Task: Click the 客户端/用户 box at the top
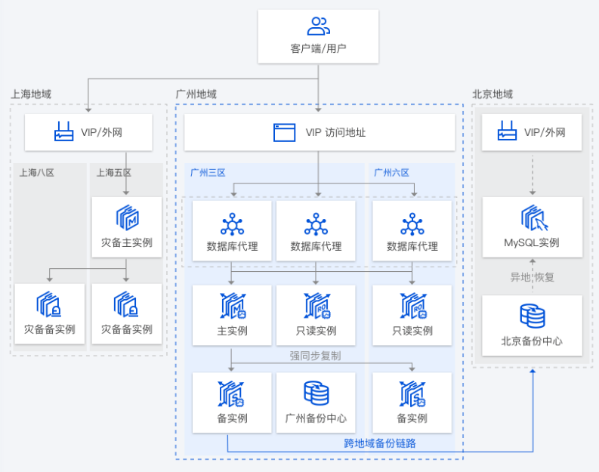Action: (318, 36)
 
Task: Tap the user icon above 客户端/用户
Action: (318, 26)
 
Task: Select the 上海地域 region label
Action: (31, 94)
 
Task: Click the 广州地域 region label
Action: (196, 94)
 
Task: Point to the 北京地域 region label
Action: (492, 94)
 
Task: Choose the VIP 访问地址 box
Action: (320, 132)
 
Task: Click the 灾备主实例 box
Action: (126, 227)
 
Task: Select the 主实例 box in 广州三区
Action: (232, 315)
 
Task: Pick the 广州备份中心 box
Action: (316, 403)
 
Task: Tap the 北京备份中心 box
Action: (532, 325)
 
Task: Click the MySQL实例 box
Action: (532, 227)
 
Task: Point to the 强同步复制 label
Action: (315, 355)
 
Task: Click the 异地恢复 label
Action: (532, 277)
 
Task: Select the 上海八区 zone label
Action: (37, 172)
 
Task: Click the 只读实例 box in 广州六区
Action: (412, 315)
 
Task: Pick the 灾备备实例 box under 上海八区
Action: (49, 313)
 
